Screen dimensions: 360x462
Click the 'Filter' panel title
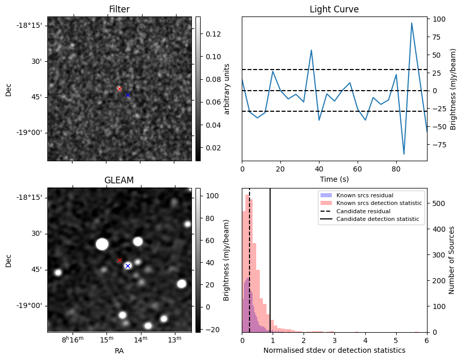pos(119,9)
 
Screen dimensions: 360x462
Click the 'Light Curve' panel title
pos(334,9)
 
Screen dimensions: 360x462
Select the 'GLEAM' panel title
pos(119,180)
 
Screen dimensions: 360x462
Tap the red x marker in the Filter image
pos(119,89)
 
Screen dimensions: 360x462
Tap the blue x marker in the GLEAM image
pos(128,266)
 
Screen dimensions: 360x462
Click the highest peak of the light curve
pos(412,23)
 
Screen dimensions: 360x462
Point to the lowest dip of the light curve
pos(404,154)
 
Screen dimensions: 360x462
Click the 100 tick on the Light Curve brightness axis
pos(439,19)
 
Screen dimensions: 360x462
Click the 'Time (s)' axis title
pos(334,178)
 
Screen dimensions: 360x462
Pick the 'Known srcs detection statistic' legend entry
pos(379,203)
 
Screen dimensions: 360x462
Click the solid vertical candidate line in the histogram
pos(270,258)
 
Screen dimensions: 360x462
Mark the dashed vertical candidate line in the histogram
pos(250,258)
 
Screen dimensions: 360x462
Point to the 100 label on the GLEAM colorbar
pos(212,196)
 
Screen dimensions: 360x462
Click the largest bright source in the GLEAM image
pos(102,244)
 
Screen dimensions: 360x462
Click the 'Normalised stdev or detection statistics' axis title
pos(334,350)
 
